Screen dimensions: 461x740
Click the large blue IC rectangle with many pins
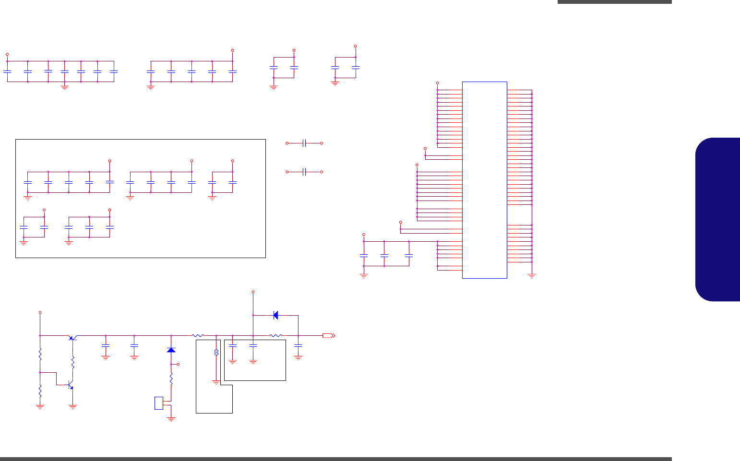484,180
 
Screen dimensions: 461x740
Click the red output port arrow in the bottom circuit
329,335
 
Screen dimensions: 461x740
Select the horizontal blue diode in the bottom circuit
275,315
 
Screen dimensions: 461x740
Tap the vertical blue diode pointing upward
171,350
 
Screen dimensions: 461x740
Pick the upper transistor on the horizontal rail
72,337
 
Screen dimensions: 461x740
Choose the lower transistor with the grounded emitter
70,385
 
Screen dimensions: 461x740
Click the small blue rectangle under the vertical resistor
159,403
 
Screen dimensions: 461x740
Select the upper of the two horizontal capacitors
304,143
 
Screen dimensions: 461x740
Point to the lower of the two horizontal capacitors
304,171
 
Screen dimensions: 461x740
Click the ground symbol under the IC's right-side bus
532,276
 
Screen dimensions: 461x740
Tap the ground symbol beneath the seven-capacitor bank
65,87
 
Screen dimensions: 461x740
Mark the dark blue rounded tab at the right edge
717,219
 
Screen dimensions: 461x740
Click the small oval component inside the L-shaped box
216,353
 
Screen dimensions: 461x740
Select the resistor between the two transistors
73,362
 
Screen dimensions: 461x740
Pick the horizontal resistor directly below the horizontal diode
275,335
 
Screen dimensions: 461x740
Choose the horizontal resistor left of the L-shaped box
198,335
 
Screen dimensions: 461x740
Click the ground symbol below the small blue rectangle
171,419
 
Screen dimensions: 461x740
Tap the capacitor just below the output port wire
298,345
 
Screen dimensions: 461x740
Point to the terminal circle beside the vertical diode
178,365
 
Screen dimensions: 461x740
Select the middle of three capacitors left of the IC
384,255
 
